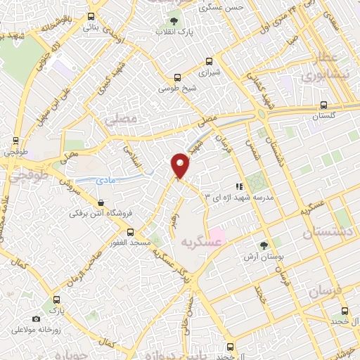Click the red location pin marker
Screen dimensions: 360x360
[181, 165]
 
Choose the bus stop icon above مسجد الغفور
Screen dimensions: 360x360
[130, 231]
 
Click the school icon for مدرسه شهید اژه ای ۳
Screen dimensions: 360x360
[239, 187]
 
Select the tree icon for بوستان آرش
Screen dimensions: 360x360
[264, 245]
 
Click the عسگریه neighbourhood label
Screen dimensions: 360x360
[198, 243]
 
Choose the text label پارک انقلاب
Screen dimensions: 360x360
[175, 32]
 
